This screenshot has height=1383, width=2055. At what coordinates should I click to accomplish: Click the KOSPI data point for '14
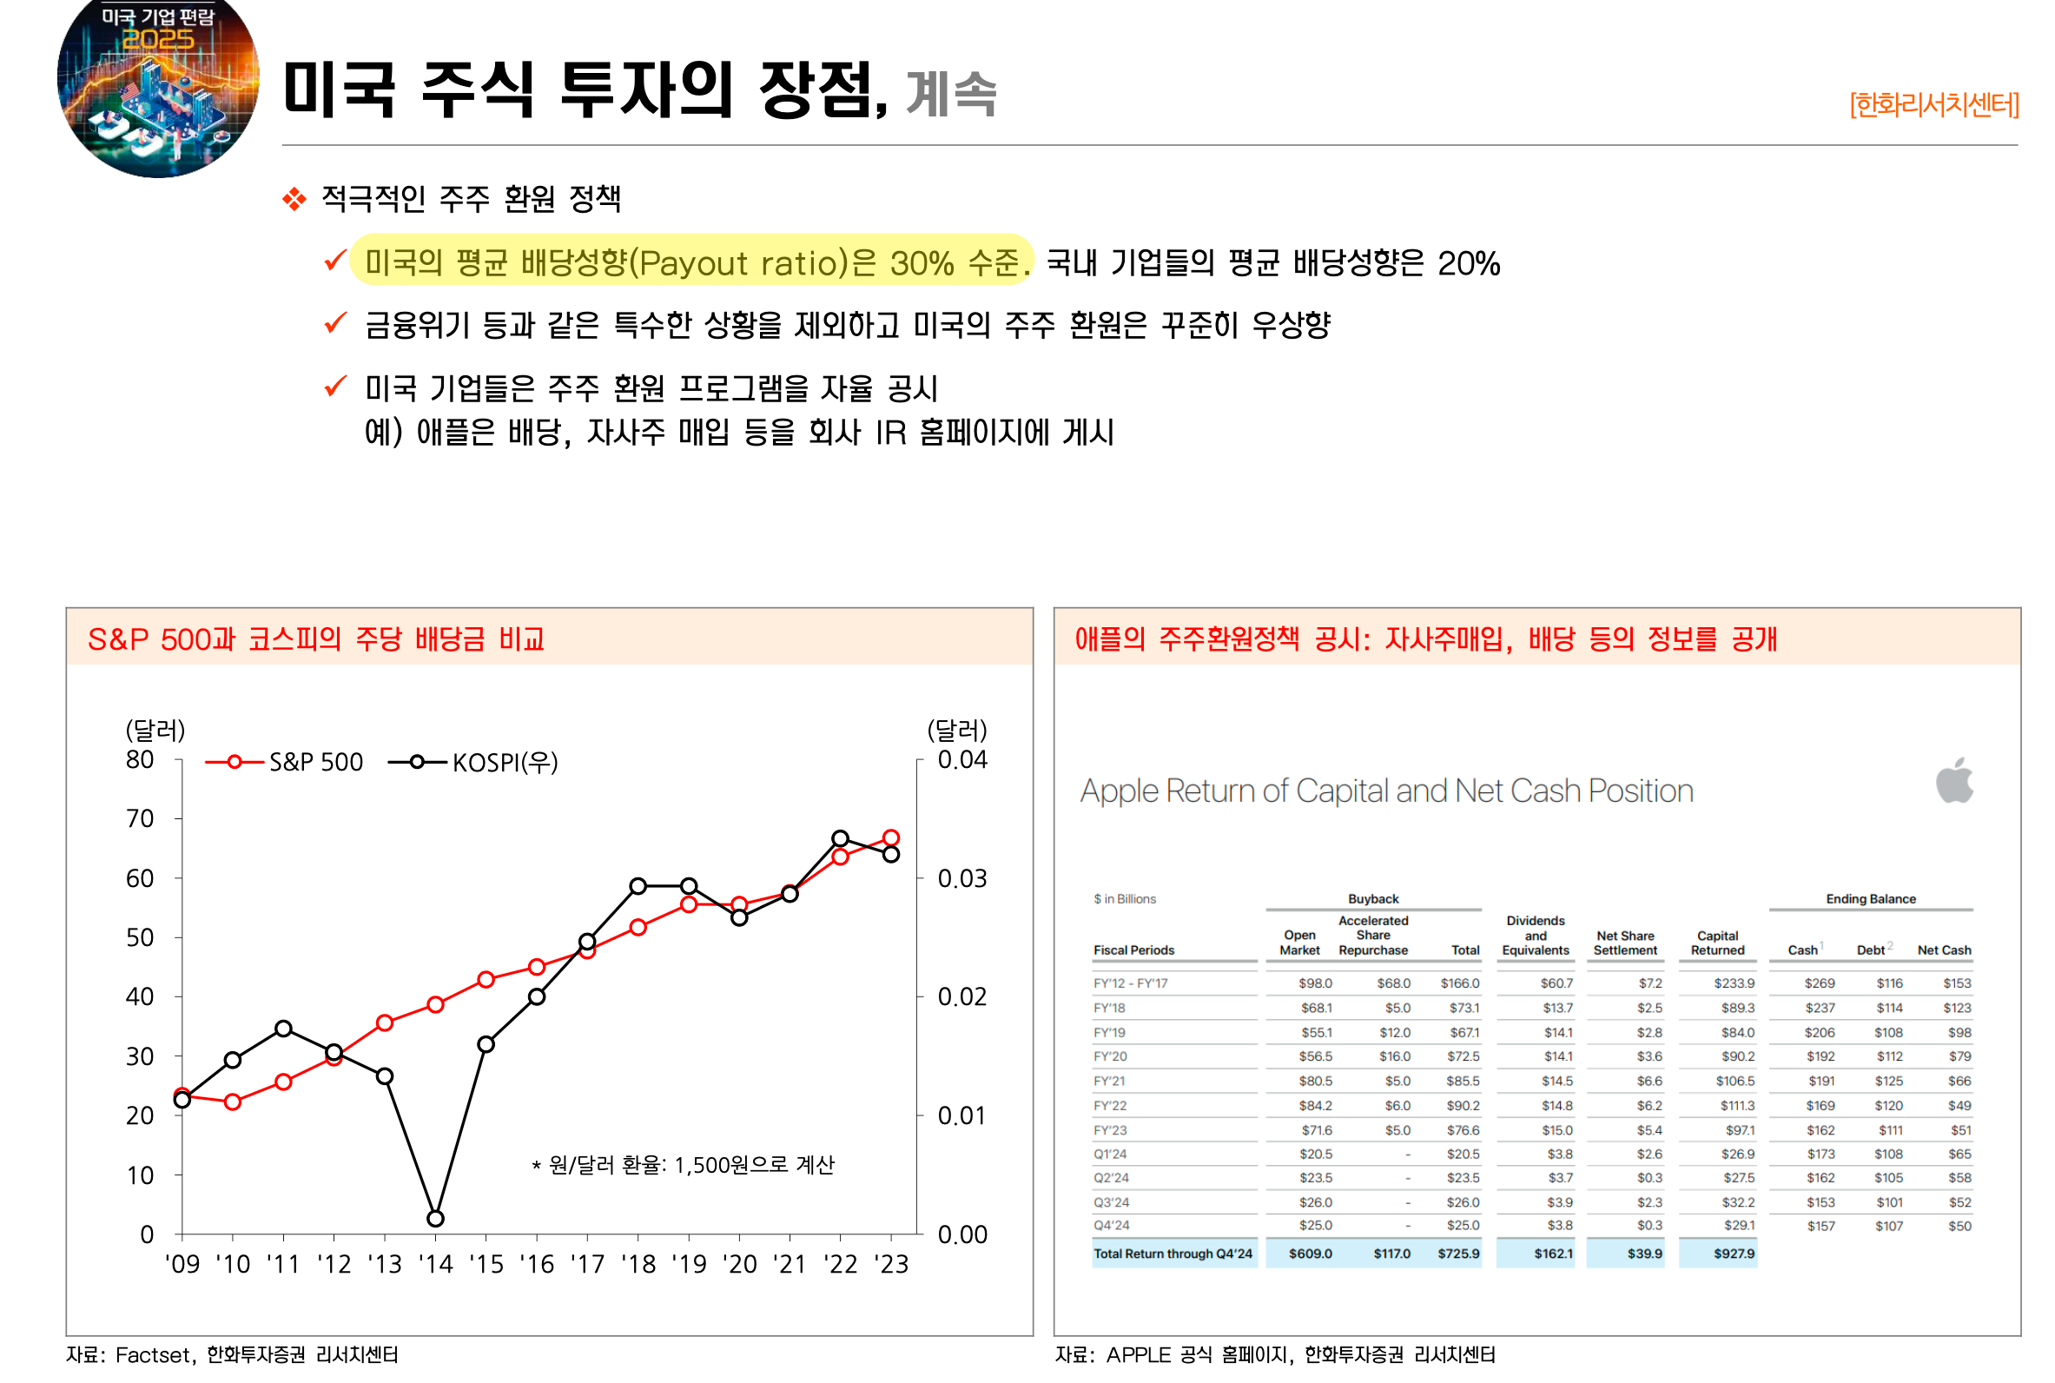click(x=434, y=1218)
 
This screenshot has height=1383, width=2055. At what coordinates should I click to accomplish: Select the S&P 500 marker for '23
click(x=890, y=838)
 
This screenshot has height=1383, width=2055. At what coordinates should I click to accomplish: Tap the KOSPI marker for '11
click(x=283, y=1029)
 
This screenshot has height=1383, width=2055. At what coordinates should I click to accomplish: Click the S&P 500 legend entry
click(x=284, y=762)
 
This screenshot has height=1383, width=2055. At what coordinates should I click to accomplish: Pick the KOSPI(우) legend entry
click(x=473, y=762)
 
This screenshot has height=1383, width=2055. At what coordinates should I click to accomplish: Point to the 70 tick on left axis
click(x=140, y=818)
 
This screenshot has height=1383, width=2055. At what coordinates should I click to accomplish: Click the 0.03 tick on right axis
click(x=961, y=878)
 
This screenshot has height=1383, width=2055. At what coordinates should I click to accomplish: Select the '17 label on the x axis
click(x=587, y=1265)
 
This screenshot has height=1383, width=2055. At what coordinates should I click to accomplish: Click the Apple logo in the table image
click(x=1953, y=781)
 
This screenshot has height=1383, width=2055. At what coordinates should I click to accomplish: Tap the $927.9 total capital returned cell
click(x=1734, y=1254)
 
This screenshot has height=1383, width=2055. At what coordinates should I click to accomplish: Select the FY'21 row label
click(x=1110, y=1082)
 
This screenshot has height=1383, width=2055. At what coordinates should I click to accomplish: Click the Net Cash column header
click(x=1943, y=950)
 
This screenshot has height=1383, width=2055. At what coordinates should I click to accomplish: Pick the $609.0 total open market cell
click(x=1310, y=1254)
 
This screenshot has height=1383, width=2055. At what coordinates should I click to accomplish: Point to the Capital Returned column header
click(x=1716, y=943)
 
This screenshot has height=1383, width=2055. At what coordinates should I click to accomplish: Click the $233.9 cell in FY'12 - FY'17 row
click(x=1734, y=983)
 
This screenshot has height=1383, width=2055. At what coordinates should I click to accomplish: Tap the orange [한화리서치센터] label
click(x=1933, y=105)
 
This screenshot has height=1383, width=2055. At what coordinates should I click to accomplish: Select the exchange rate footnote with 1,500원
click(x=684, y=1165)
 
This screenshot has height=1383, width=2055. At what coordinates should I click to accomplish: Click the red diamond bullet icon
click(x=294, y=199)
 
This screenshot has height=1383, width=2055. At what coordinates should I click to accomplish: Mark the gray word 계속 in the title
click(x=950, y=94)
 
